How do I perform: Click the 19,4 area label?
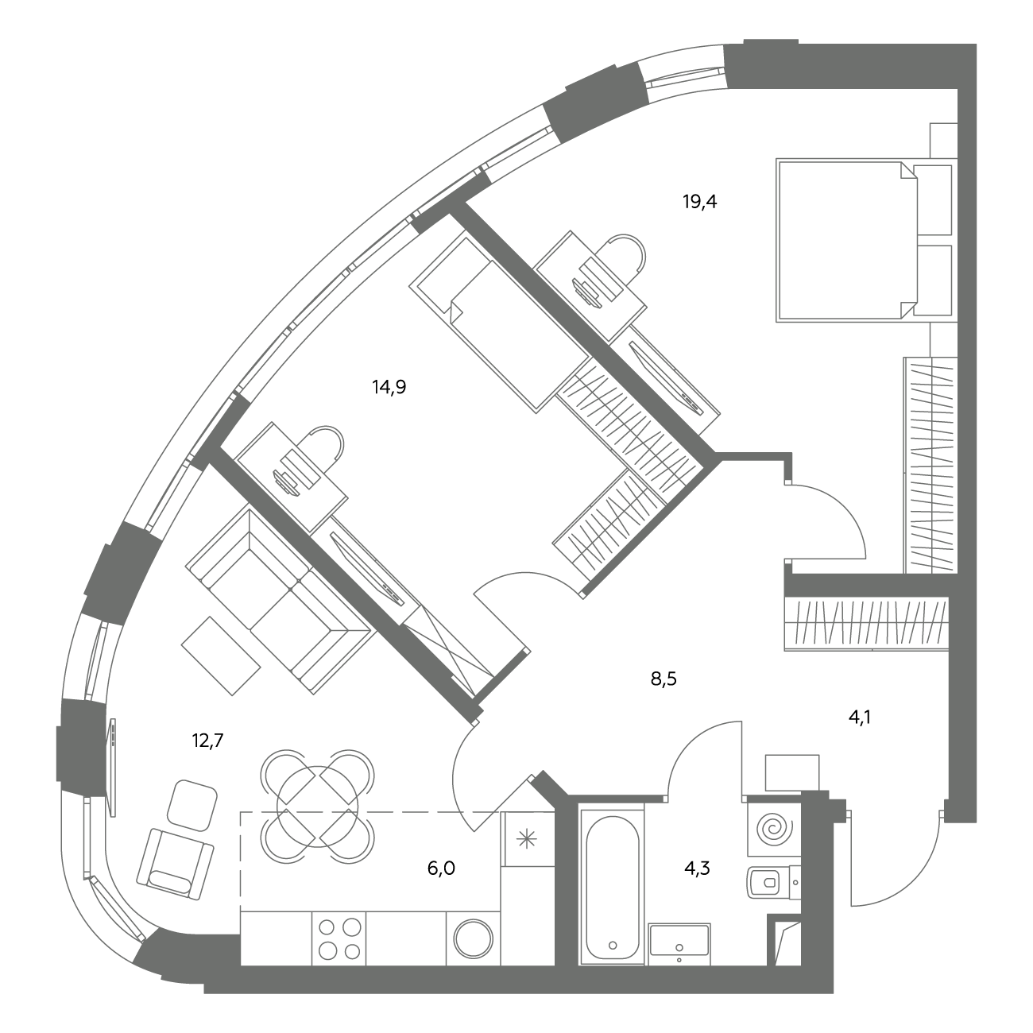point(699,202)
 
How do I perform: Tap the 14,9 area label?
point(389,387)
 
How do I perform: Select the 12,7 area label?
point(207,741)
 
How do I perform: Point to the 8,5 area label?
point(664,679)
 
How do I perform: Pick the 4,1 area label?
point(859,718)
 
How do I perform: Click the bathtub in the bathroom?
point(612,888)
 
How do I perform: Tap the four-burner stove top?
point(339,938)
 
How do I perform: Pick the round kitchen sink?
point(474,938)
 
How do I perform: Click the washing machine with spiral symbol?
point(773,830)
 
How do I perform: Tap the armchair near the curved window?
point(175,864)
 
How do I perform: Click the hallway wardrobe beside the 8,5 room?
point(866,623)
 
